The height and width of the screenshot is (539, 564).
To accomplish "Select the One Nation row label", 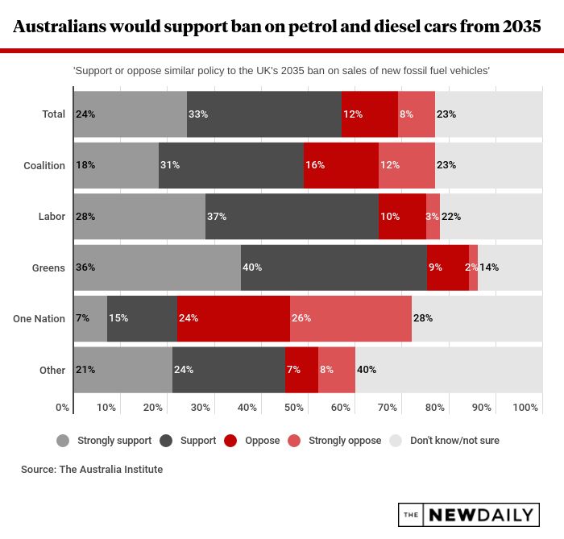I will (x=39, y=318).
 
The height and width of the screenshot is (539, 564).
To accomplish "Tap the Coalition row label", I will (x=44, y=165).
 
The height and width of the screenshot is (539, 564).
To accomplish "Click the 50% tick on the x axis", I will (x=294, y=408).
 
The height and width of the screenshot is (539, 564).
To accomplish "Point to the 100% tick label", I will (x=525, y=408).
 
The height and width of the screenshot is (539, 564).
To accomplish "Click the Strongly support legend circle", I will (x=64, y=441).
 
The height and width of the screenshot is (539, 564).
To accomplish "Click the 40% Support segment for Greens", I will (x=334, y=267).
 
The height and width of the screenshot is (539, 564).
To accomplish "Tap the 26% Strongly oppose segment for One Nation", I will (x=350, y=318).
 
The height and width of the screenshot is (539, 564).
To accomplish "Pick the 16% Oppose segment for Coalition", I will (x=341, y=165).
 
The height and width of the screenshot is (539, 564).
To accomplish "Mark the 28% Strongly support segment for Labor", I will (x=139, y=216).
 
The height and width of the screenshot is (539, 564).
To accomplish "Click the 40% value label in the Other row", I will (x=367, y=370).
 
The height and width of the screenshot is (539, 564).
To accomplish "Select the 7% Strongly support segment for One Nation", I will (x=90, y=318).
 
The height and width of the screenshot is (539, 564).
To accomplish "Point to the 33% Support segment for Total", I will (x=263, y=114).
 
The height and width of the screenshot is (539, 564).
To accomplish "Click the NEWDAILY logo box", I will (x=468, y=515).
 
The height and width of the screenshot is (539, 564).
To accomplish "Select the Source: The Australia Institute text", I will (x=92, y=469).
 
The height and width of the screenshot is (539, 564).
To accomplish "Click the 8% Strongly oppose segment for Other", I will (x=336, y=370).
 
